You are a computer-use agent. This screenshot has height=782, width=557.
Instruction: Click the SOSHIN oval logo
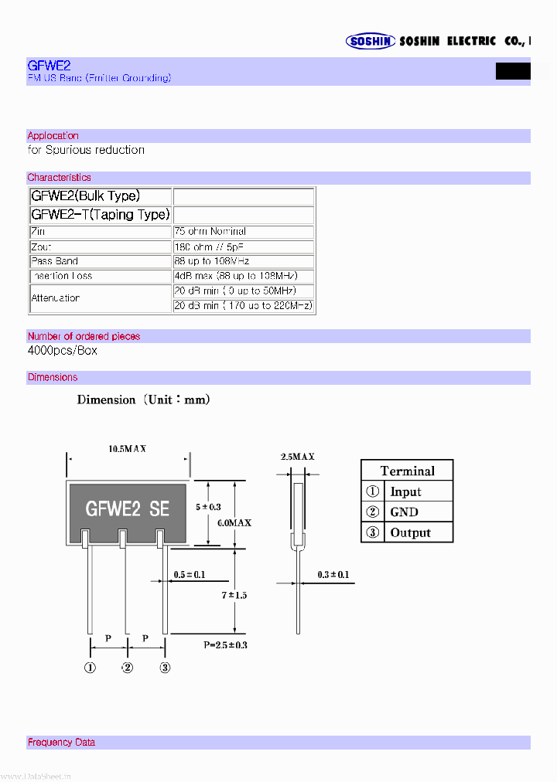coord(371,42)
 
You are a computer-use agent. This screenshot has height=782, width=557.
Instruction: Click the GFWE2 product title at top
coord(49,66)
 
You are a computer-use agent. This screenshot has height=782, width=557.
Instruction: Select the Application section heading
coord(53,136)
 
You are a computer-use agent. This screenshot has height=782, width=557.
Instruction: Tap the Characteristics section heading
coord(59,178)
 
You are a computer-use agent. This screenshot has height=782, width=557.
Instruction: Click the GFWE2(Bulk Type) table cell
coord(86,196)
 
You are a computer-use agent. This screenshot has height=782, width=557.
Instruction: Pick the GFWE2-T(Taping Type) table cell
coord(100,214)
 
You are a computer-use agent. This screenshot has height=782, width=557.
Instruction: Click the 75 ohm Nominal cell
coord(210,232)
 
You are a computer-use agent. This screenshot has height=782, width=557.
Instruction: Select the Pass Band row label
coord(55,261)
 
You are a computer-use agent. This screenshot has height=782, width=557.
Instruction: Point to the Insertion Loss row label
coord(62,276)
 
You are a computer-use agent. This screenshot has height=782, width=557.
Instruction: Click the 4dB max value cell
coord(242,276)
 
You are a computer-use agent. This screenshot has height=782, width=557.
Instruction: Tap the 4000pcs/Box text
coord(63,350)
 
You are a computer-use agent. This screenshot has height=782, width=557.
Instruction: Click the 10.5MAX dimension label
coord(128,448)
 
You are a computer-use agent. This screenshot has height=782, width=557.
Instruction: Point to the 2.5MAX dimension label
coord(298,457)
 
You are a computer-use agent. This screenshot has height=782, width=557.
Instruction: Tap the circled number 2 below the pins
coord(128,668)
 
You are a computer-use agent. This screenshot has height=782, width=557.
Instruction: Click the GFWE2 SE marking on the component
coord(128,508)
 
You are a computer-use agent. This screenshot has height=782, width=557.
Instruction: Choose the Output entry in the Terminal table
coord(410,532)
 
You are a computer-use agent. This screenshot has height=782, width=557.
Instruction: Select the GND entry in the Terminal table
coord(404,512)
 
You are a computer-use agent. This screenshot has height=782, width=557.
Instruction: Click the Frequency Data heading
coord(61,743)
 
